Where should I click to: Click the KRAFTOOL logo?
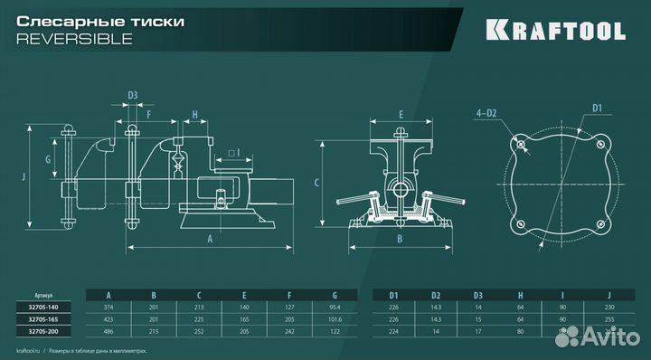556,30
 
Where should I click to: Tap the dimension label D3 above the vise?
133,94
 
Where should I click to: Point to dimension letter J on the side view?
24,177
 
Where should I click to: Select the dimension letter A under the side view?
209,240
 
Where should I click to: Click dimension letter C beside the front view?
316,182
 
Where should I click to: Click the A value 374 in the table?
108,306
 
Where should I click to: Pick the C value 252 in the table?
200,332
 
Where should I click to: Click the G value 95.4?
335,306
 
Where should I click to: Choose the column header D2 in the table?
436,293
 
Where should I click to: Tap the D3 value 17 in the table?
478,332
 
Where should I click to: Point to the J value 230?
609,306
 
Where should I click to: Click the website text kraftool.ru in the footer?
32,350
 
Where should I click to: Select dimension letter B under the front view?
399,240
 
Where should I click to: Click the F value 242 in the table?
290,332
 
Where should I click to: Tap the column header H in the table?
522,293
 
